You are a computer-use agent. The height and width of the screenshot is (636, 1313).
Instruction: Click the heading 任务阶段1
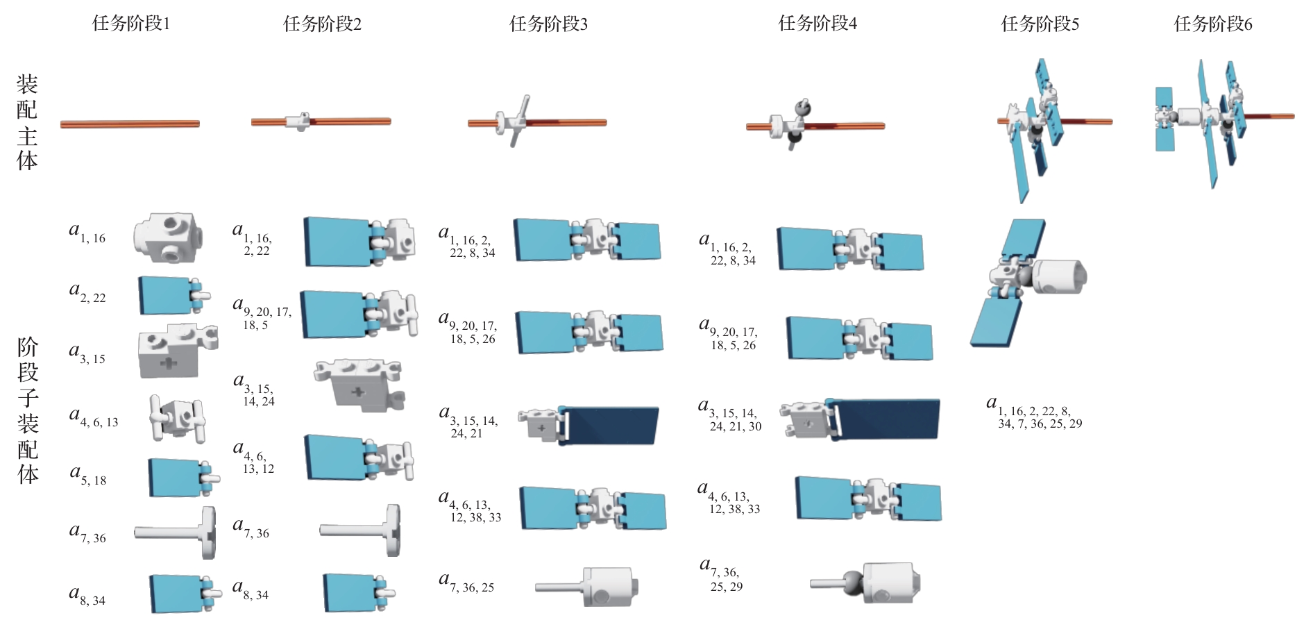(131, 24)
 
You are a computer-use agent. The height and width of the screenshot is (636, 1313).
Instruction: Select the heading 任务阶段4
(817, 24)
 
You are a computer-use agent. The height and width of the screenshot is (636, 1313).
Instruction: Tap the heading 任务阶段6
(1212, 24)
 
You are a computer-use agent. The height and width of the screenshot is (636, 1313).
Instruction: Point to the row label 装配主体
(27, 123)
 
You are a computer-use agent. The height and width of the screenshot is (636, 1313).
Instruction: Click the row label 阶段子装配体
(28, 410)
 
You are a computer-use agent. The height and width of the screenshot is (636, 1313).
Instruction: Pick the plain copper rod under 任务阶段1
(130, 124)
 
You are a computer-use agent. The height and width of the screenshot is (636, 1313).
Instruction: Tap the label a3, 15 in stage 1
(87, 353)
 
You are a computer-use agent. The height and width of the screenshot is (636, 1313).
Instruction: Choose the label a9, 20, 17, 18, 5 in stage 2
(262, 315)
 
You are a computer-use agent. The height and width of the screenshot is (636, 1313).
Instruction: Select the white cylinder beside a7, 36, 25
(609, 587)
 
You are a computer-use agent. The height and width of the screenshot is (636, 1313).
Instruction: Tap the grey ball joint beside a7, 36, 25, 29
(852, 583)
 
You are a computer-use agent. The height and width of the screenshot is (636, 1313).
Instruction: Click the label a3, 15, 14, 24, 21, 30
(729, 415)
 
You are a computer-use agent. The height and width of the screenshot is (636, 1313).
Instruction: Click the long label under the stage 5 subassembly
(1034, 414)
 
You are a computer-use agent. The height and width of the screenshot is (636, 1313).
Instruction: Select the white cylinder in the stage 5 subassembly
(1058, 276)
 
